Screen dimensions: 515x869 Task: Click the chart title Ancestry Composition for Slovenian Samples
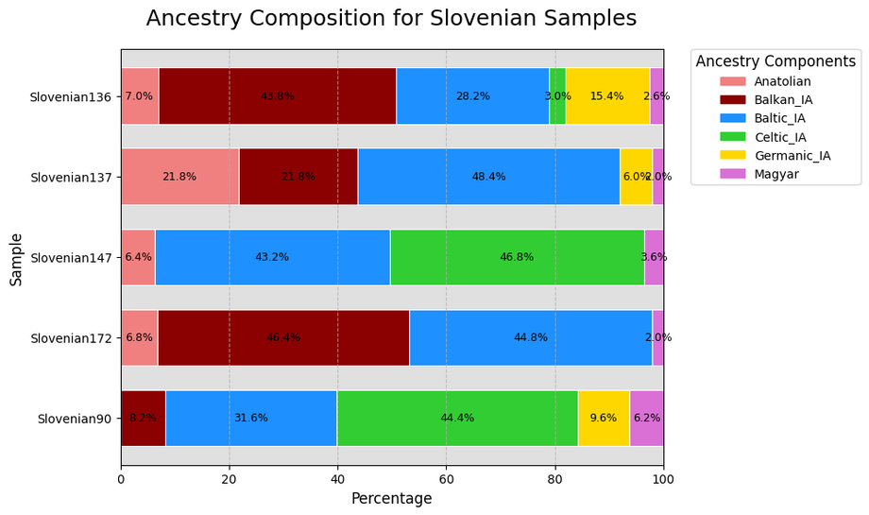click(391, 19)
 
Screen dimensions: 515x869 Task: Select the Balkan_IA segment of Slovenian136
click(277, 96)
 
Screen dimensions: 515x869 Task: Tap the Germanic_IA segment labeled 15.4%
click(606, 96)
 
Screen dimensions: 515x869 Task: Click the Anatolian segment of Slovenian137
click(179, 177)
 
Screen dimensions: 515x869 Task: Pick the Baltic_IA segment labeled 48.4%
click(488, 177)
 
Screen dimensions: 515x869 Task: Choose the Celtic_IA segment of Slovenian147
click(517, 257)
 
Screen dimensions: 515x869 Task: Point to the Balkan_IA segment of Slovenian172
click(283, 337)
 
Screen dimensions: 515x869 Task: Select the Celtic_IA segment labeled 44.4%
click(457, 418)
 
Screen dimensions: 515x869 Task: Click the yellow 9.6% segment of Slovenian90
click(604, 418)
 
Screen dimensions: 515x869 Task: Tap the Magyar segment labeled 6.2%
click(647, 418)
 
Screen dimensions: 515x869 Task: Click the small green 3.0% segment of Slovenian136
click(557, 96)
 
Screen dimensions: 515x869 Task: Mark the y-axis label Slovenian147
click(71, 258)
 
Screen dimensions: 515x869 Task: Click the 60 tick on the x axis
click(447, 479)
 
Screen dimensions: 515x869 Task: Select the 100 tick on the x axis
click(663, 479)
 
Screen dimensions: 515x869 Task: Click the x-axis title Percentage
click(391, 499)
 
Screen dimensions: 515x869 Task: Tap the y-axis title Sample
click(16, 257)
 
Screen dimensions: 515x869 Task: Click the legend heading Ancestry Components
click(775, 61)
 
